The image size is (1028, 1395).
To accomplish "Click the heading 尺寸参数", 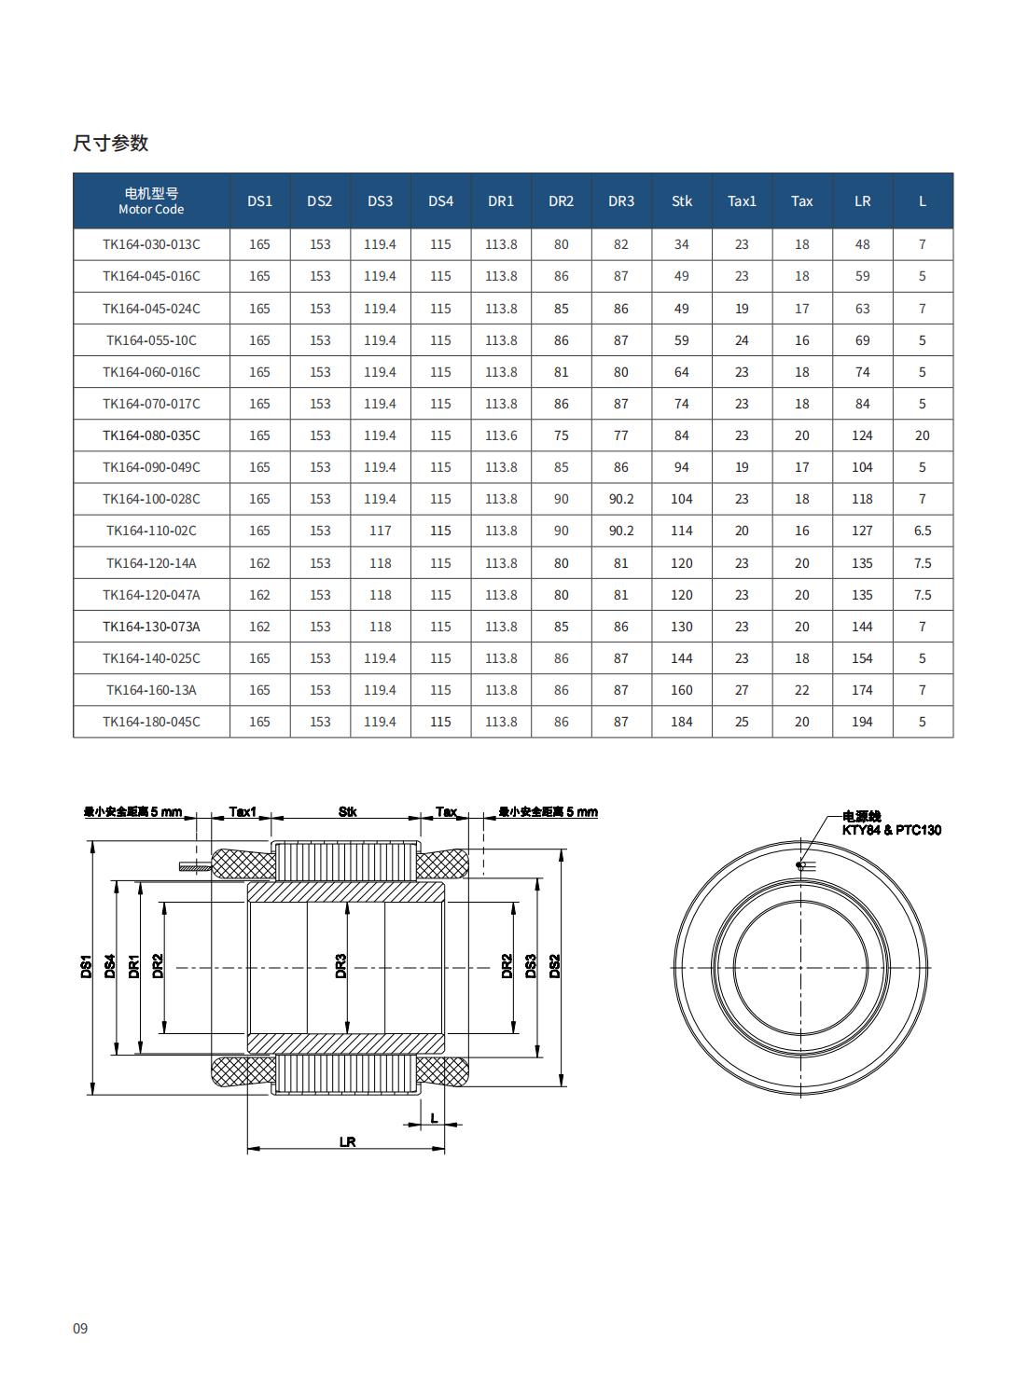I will [x=111, y=144].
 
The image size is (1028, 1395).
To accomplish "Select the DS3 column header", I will [x=380, y=201].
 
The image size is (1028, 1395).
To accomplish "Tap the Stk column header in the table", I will [x=682, y=201].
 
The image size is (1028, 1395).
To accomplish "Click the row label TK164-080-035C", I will [x=151, y=435].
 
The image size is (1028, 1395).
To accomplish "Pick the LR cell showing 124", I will [x=862, y=435].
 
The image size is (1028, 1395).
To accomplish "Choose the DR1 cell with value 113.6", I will [x=501, y=435].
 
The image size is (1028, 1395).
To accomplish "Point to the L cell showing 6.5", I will [x=922, y=531].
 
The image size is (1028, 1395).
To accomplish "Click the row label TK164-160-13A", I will [x=151, y=690].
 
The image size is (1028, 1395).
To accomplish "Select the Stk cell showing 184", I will [x=682, y=722].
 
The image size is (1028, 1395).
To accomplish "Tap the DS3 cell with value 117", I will [x=380, y=531].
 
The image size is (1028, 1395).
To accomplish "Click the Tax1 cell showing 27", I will [x=742, y=690].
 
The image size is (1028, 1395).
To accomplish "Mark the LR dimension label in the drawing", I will [x=347, y=1141].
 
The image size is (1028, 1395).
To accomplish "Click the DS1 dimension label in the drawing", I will [x=85, y=967].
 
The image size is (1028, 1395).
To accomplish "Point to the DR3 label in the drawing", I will [x=341, y=965].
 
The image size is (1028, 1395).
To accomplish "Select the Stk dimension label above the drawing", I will [x=347, y=812].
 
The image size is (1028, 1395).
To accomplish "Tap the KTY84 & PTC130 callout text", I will [x=891, y=830].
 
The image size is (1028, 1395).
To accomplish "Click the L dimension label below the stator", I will [x=434, y=1118].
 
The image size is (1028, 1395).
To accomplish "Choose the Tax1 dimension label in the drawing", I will [x=242, y=812].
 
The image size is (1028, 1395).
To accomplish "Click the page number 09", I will [x=80, y=1328].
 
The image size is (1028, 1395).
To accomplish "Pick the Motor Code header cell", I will [x=151, y=201].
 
